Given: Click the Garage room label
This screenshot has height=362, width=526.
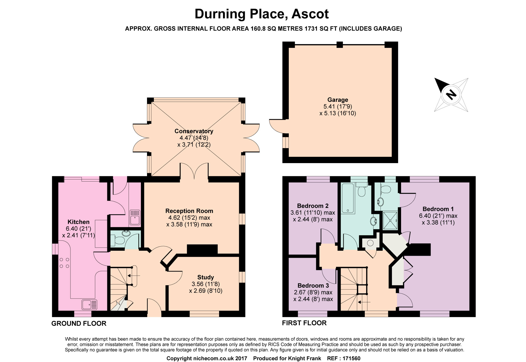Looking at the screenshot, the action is [338, 100].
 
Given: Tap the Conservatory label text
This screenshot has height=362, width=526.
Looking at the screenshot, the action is [194, 131].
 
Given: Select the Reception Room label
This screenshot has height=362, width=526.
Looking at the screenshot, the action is [189, 211].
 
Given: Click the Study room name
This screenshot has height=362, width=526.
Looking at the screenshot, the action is [206, 277].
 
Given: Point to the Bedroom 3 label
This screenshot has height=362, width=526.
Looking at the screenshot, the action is [313, 285].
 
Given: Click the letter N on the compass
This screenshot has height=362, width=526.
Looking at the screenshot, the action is [452, 94].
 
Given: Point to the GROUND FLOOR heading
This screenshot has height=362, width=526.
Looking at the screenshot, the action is [79, 324].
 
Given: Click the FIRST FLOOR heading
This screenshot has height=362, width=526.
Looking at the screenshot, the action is [304, 323].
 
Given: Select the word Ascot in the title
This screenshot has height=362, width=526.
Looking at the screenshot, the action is [310, 14].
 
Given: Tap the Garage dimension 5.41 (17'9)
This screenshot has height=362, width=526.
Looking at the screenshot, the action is [338, 107].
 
